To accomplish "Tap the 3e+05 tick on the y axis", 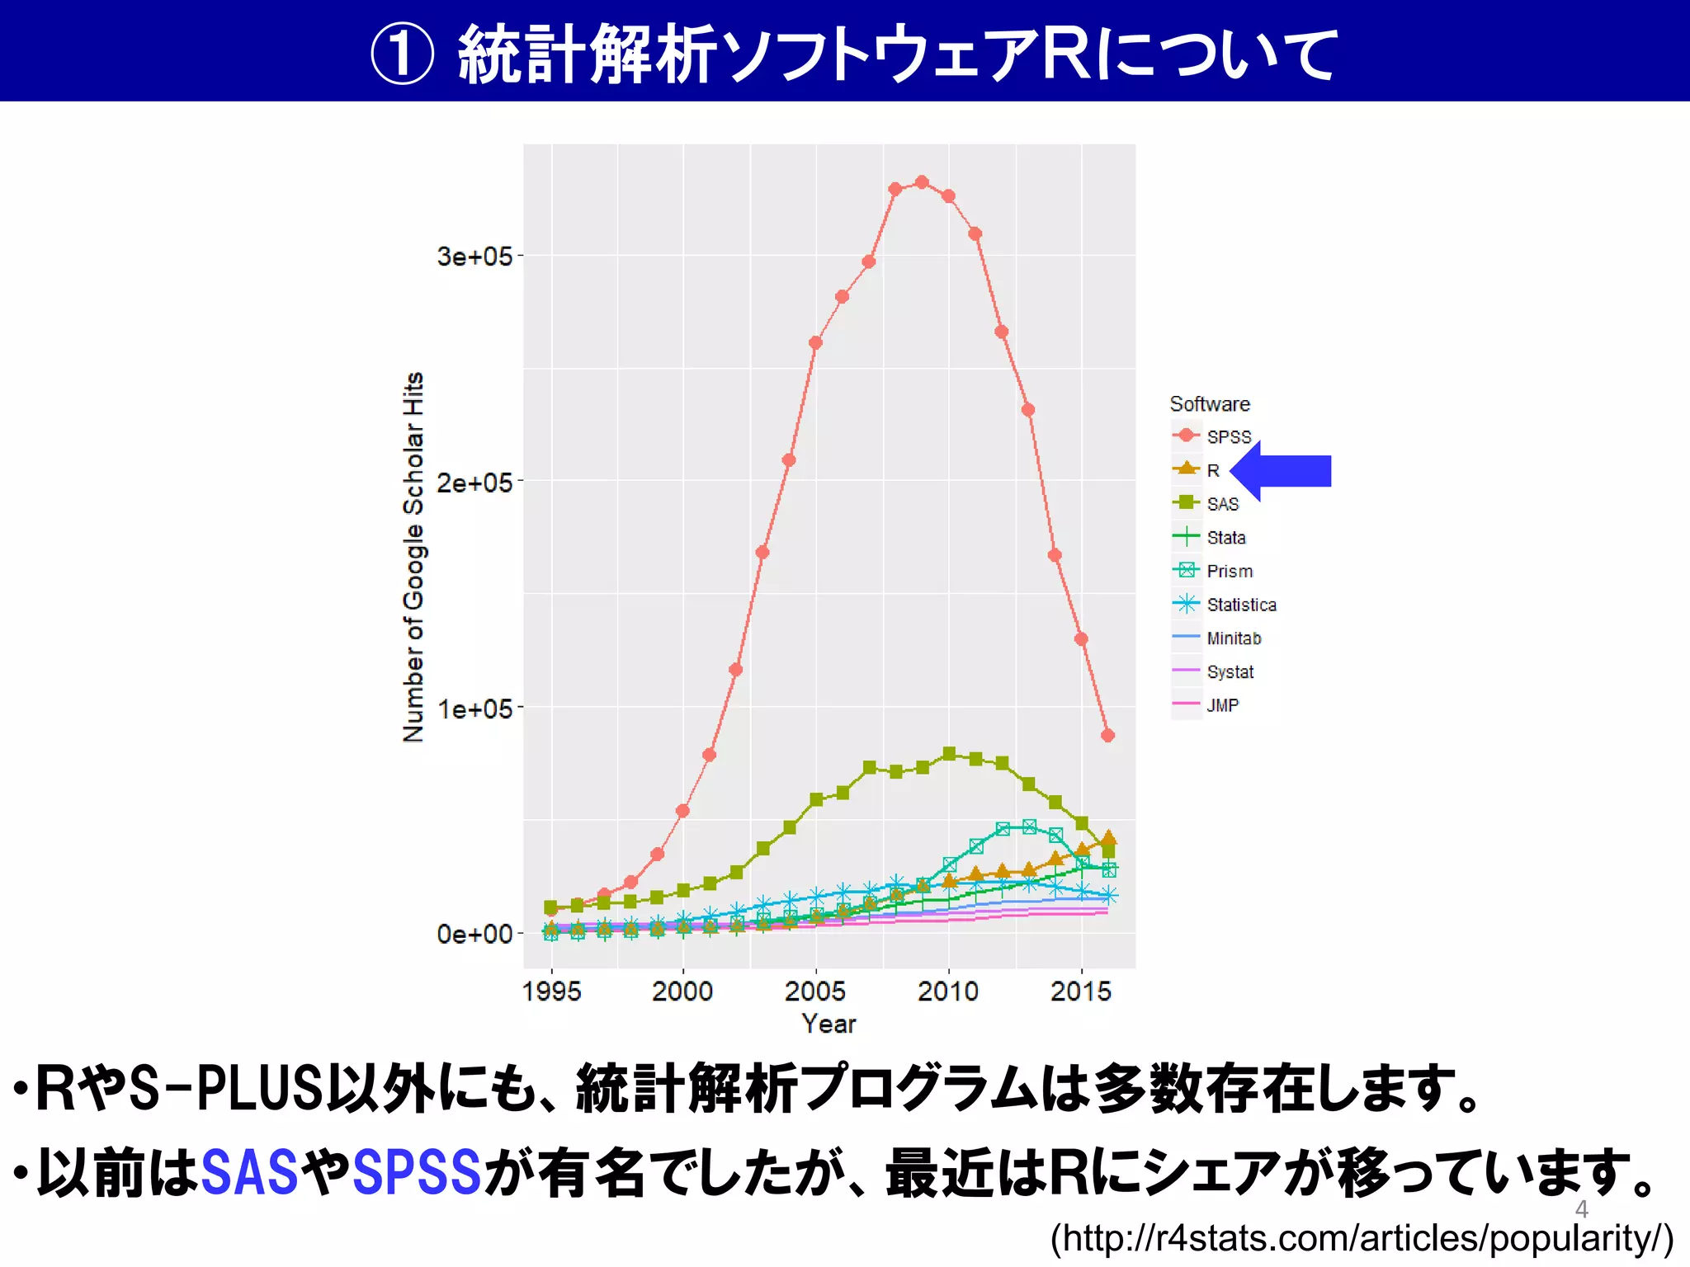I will click(x=474, y=257).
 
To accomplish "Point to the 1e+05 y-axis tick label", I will click(x=474, y=709).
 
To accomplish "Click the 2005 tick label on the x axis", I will click(x=815, y=991).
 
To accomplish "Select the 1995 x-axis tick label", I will click(x=551, y=991).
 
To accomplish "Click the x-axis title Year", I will click(x=828, y=1024).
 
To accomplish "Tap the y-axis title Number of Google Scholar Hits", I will click(x=413, y=557).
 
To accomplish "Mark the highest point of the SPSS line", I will click(x=922, y=182).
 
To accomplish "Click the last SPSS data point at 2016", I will click(x=1107, y=735).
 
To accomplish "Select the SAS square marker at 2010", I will click(x=949, y=753).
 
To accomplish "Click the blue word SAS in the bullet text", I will click(x=249, y=1172).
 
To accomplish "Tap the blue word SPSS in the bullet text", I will click(x=417, y=1172).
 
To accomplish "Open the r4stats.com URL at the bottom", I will click(x=1362, y=1238).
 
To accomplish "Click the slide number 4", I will click(x=1581, y=1209).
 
